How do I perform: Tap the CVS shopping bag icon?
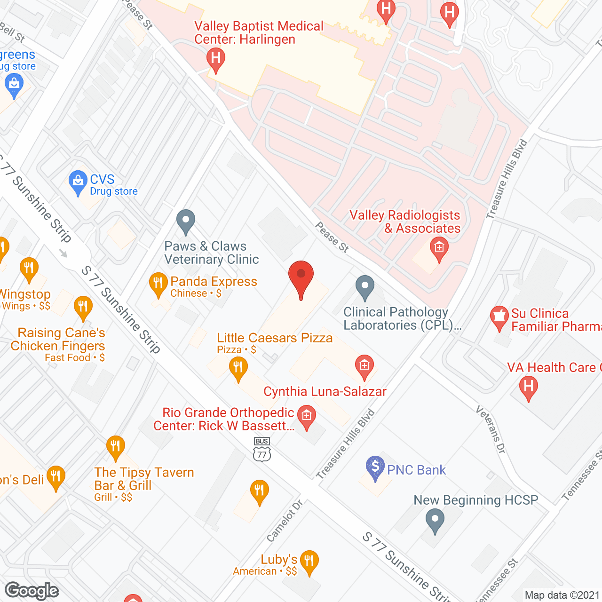click(x=78, y=182)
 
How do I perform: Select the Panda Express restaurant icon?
click(x=158, y=284)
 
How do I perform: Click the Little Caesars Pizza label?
click(x=275, y=338)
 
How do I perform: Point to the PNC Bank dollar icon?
click(x=375, y=467)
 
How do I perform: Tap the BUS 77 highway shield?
click(x=262, y=450)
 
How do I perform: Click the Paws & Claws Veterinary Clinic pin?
click(x=186, y=221)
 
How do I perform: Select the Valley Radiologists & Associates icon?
click(x=439, y=247)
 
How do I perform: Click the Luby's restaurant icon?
click(x=309, y=561)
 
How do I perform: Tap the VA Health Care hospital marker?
click(x=528, y=388)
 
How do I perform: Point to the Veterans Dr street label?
click(x=491, y=429)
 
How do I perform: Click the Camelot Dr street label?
click(x=285, y=521)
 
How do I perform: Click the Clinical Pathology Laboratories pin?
click(x=364, y=286)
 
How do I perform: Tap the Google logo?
click(x=32, y=591)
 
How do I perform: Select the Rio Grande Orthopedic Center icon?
click(x=307, y=416)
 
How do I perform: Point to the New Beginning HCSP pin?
click(x=435, y=520)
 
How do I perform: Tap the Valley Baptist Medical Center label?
click(x=259, y=32)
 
